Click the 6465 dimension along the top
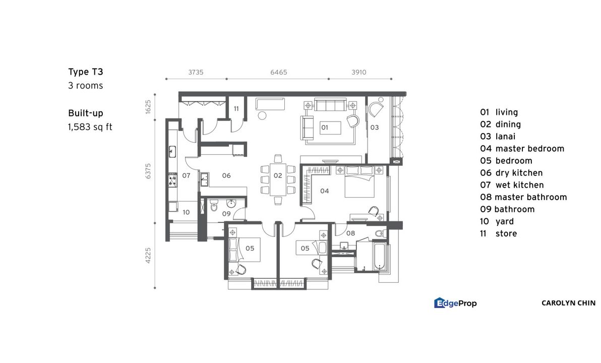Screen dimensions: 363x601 coord(278,72)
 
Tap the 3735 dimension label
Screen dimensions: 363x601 coord(196,72)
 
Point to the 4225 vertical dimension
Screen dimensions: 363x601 coord(148,255)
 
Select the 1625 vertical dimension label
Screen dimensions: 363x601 coord(148,107)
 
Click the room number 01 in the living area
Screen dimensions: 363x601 coord(324,128)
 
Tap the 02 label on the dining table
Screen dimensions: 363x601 coord(277,176)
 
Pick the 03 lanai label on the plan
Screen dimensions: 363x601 coord(374,128)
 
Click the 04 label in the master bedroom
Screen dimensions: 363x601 coord(324,191)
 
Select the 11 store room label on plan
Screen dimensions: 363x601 coord(235,109)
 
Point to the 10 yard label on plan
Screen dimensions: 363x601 coord(186,212)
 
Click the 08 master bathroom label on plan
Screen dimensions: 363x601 coord(350,233)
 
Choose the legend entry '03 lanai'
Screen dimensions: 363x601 coord(499,137)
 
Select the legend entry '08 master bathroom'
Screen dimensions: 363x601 coord(523,197)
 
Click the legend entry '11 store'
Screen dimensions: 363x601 coord(498,233)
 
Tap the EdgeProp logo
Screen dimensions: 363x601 coord(455,303)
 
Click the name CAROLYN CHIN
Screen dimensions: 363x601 coord(568,303)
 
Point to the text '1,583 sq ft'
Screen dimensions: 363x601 coord(90,127)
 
